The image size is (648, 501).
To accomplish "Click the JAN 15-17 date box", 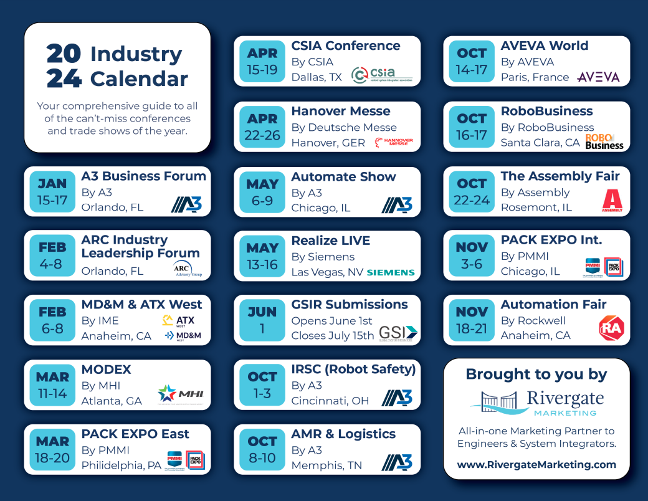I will pos(52,191).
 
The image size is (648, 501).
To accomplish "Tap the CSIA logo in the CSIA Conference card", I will pos(381,75).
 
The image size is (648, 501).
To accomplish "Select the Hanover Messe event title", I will pos(341,112).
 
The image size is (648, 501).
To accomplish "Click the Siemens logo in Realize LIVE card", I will pos(391,272).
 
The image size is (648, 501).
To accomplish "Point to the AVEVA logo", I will pos(598,77).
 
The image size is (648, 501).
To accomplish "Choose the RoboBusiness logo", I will pos(604,141).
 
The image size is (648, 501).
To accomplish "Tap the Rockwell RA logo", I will pos(611,328).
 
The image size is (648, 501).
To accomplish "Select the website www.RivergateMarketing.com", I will pos(536,464).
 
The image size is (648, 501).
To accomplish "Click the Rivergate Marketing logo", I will pos(536,403).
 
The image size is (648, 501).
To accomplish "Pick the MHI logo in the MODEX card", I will pos(181,394).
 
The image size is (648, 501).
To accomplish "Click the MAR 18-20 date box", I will pos(52,449).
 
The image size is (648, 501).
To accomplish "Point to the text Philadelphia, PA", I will pos(121,465).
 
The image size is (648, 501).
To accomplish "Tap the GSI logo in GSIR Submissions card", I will pos(398,333).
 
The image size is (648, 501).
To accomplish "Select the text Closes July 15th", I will pos(333,336).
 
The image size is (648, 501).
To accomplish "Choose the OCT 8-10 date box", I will pos(262,449).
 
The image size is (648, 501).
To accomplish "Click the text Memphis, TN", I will pos(326,465).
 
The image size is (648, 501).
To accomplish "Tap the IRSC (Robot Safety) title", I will pos(353,370).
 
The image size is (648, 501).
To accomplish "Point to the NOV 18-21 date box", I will pos(472,320).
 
